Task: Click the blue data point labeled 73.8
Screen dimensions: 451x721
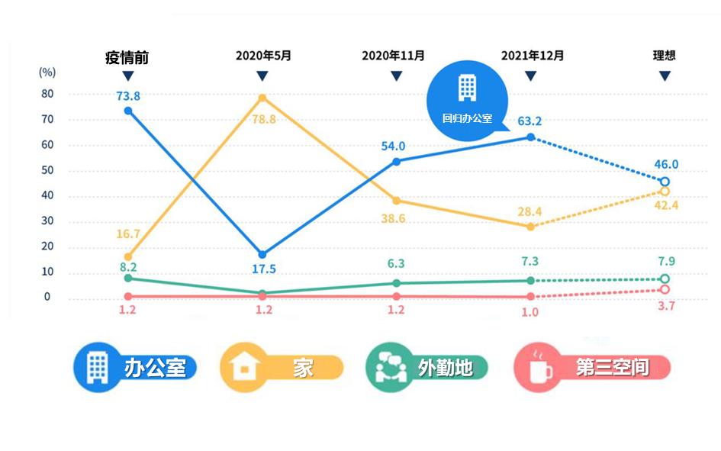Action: [128, 111]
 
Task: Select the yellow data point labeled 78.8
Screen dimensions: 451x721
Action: [262, 98]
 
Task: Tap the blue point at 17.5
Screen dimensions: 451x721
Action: [262, 254]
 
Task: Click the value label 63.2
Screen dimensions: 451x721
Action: [529, 121]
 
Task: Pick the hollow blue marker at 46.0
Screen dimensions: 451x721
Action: [665, 182]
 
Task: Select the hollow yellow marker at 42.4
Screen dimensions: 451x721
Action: [665, 192]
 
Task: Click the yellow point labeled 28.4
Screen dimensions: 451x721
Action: [530, 227]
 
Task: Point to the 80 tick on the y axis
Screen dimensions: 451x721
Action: [47, 94]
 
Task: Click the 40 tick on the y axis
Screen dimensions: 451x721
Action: [47, 195]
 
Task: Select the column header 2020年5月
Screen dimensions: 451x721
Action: [262, 56]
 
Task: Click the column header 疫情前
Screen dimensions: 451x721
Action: [127, 56]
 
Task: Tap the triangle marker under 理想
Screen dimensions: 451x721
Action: [665, 76]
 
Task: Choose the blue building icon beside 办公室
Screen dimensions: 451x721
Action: [97, 368]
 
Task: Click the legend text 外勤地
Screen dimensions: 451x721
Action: [446, 368]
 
